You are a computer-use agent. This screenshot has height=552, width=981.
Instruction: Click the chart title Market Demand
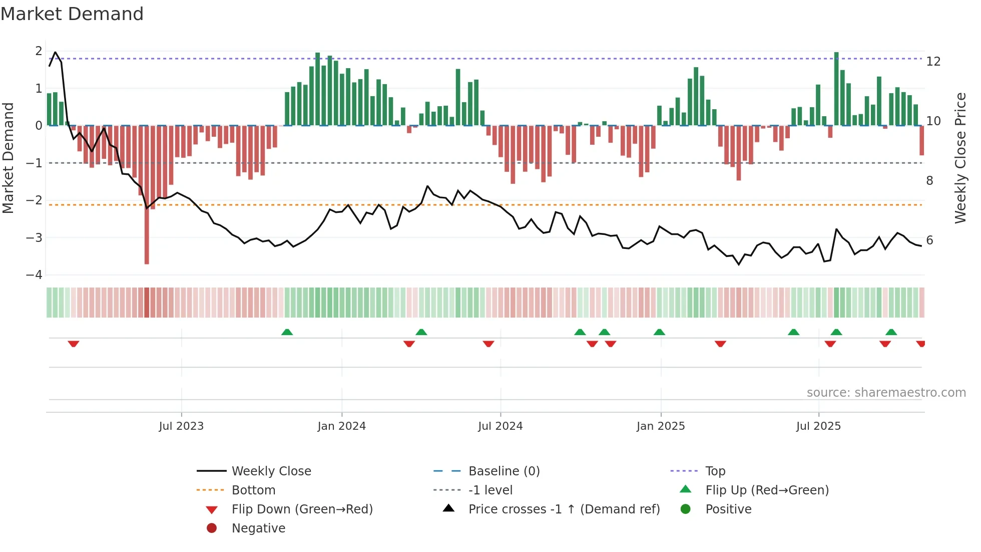pyautogui.click(x=72, y=14)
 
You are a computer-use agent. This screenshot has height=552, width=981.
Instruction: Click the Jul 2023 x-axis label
pyautogui.click(x=181, y=426)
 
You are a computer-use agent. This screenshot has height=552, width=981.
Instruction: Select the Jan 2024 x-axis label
pyautogui.click(x=342, y=426)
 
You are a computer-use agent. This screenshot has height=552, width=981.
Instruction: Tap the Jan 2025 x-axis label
pyautogui.click(x=661, y=426)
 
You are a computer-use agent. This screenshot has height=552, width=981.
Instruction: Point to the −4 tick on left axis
pyautogui.click(x=34, y=275)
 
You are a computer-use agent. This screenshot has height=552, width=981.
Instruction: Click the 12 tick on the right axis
pyautogui.click(x=933, y=62)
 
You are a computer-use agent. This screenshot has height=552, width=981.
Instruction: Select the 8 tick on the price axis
pyautogui.click(x=929, y=181)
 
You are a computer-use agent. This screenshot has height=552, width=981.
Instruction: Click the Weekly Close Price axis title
pyautogui.click(x=960, y=158)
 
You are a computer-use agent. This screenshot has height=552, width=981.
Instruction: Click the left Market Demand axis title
pyautogui.click(x=9, y=158)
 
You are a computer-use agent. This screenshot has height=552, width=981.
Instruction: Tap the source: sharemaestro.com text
pyautogui.click(x=886, y=393)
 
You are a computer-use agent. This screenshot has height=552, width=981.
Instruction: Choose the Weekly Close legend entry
pyautogui.click(x=271, y=471)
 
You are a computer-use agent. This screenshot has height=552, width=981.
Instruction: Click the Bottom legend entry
pyautogui.click(x=253, y=490)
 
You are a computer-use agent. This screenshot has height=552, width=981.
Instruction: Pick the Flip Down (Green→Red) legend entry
pyautogui.click(x=302, y=509)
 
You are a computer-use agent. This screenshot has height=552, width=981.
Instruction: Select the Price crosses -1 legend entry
pyautogui.click(x=564, y=509)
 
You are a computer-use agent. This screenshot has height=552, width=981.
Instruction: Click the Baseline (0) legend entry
pyautogui.click(x=504, y=471)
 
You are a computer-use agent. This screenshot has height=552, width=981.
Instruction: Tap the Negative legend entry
pyautogui.click(x=258, y=528)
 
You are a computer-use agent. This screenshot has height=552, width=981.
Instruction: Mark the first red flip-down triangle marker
pyautogui.click(x=74, y=344)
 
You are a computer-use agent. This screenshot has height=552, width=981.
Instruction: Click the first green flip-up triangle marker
pyautogui.click(x=287, y=332)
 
